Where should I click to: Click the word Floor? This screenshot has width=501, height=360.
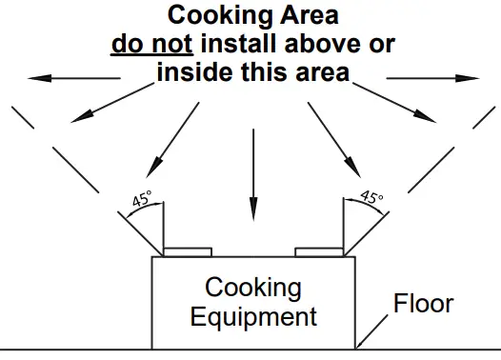click(425, 305)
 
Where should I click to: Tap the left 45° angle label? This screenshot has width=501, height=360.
click(142, 201)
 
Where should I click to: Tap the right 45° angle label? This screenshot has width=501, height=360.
click(371, 199)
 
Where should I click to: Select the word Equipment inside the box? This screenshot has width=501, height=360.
click(252, 316)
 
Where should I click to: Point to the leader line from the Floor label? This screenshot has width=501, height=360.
click(378, 328)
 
